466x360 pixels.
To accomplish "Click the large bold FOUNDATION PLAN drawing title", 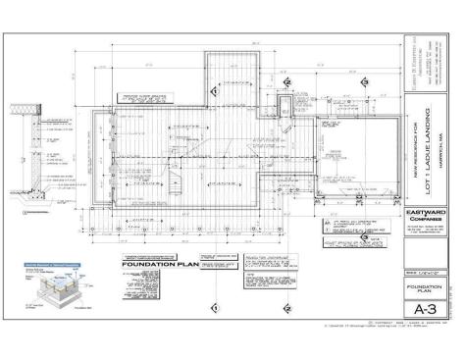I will click(157, 265).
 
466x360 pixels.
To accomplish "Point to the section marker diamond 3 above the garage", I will click(362, 82).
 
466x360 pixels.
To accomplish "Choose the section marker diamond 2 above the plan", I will click(285, 82).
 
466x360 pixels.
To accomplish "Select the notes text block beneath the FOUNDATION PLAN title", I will click(157, 284).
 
